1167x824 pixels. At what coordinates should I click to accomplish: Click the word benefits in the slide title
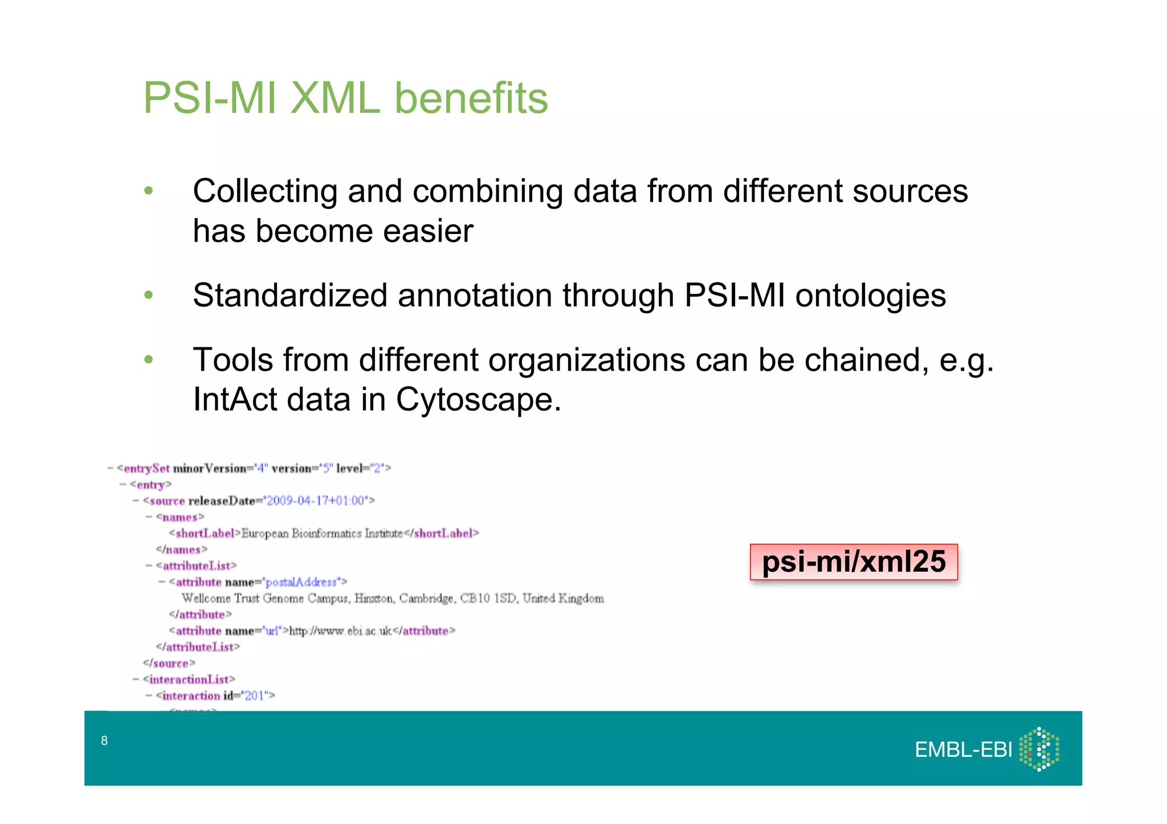(471, 98)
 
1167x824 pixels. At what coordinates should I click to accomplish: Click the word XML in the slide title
(334, 98)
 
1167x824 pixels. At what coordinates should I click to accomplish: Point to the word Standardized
(290, 296)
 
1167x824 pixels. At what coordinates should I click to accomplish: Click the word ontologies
(870, 296)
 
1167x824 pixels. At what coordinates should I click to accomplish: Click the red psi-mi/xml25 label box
(853, 562)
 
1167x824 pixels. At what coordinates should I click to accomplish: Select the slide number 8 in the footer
(104, 740)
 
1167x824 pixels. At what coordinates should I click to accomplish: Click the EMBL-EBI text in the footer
(963, 750)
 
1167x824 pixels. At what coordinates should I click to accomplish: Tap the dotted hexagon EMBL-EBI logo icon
(1039, 749)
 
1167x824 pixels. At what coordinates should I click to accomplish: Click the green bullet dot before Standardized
(149, 296)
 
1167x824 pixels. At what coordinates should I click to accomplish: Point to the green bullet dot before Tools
(149, 360)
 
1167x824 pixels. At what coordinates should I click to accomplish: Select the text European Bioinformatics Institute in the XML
(322, 534)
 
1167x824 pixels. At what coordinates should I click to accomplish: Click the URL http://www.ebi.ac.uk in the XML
(340, 631)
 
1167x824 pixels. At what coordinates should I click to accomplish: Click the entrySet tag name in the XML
(146, 469)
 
